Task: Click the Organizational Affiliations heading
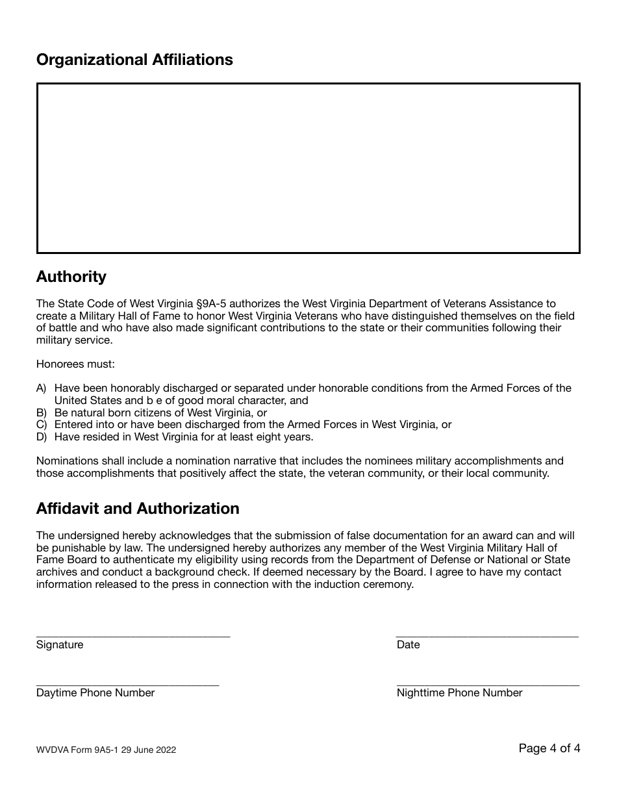coord(134,60)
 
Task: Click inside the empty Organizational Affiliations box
coord(308,168)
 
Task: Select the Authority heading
coord(71,277)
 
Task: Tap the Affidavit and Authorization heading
coord(138,509)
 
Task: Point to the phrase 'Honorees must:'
coord(75,364)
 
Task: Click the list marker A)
coord(42,388)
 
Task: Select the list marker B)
coord(42,412)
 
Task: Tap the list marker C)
coord(42,425)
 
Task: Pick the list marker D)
coord(42,437)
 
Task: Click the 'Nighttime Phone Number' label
coord(459,693)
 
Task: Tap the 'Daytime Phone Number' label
coord(95,693)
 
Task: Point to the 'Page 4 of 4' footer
coord(549,748)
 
